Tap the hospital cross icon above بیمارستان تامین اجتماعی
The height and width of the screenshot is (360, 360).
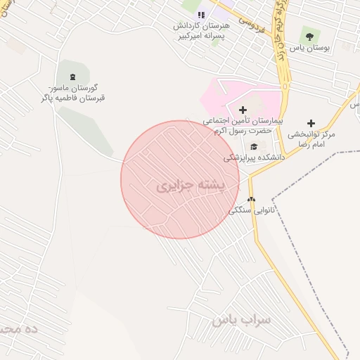243,110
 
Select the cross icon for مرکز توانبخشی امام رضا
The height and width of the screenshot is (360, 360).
311,123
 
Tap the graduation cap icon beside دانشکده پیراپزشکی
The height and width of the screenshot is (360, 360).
253,146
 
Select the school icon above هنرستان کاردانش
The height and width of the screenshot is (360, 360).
201,15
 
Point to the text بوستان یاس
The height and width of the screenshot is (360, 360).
310,48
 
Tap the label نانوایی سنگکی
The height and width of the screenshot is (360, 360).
250,210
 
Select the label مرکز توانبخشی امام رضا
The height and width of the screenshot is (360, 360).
312,139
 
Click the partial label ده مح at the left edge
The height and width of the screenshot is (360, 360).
17,329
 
